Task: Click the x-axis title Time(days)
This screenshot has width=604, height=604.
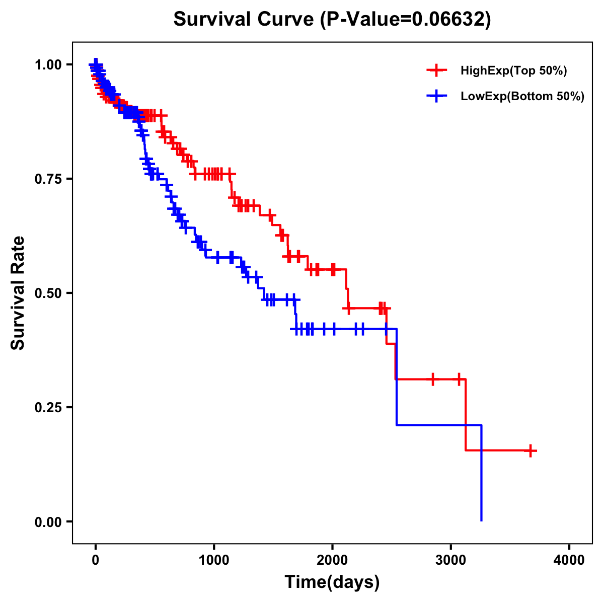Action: (332, 582)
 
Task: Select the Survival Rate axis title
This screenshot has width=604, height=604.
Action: (18, 293)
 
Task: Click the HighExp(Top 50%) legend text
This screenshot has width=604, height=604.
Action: (514, 71)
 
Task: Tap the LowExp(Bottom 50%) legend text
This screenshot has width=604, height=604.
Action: (522, 97)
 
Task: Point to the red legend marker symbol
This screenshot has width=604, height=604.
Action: (436, 70)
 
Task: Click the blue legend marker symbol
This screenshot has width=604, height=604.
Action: (436, 97)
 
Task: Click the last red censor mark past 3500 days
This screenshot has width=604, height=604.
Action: (530, 450)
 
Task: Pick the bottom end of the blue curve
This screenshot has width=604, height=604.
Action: (482, 520)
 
